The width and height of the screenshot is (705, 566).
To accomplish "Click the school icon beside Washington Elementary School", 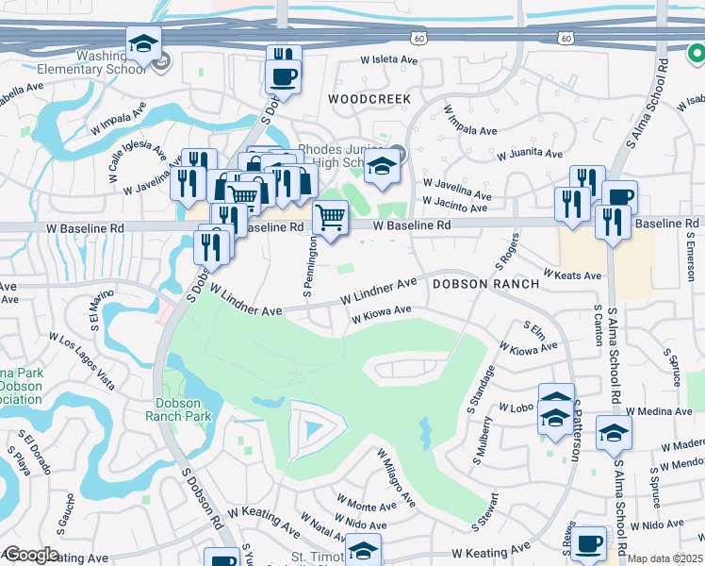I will (144, 43).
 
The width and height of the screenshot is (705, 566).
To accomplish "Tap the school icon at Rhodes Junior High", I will (381, 166).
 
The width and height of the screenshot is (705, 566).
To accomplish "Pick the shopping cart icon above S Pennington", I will (330, 217).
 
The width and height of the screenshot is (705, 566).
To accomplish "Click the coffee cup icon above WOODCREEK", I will (283, 75).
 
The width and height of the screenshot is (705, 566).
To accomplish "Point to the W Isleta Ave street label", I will (389, 59).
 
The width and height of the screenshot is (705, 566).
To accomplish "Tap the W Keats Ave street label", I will (572, 276).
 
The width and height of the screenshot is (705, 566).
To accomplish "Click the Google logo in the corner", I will (30, 555).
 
